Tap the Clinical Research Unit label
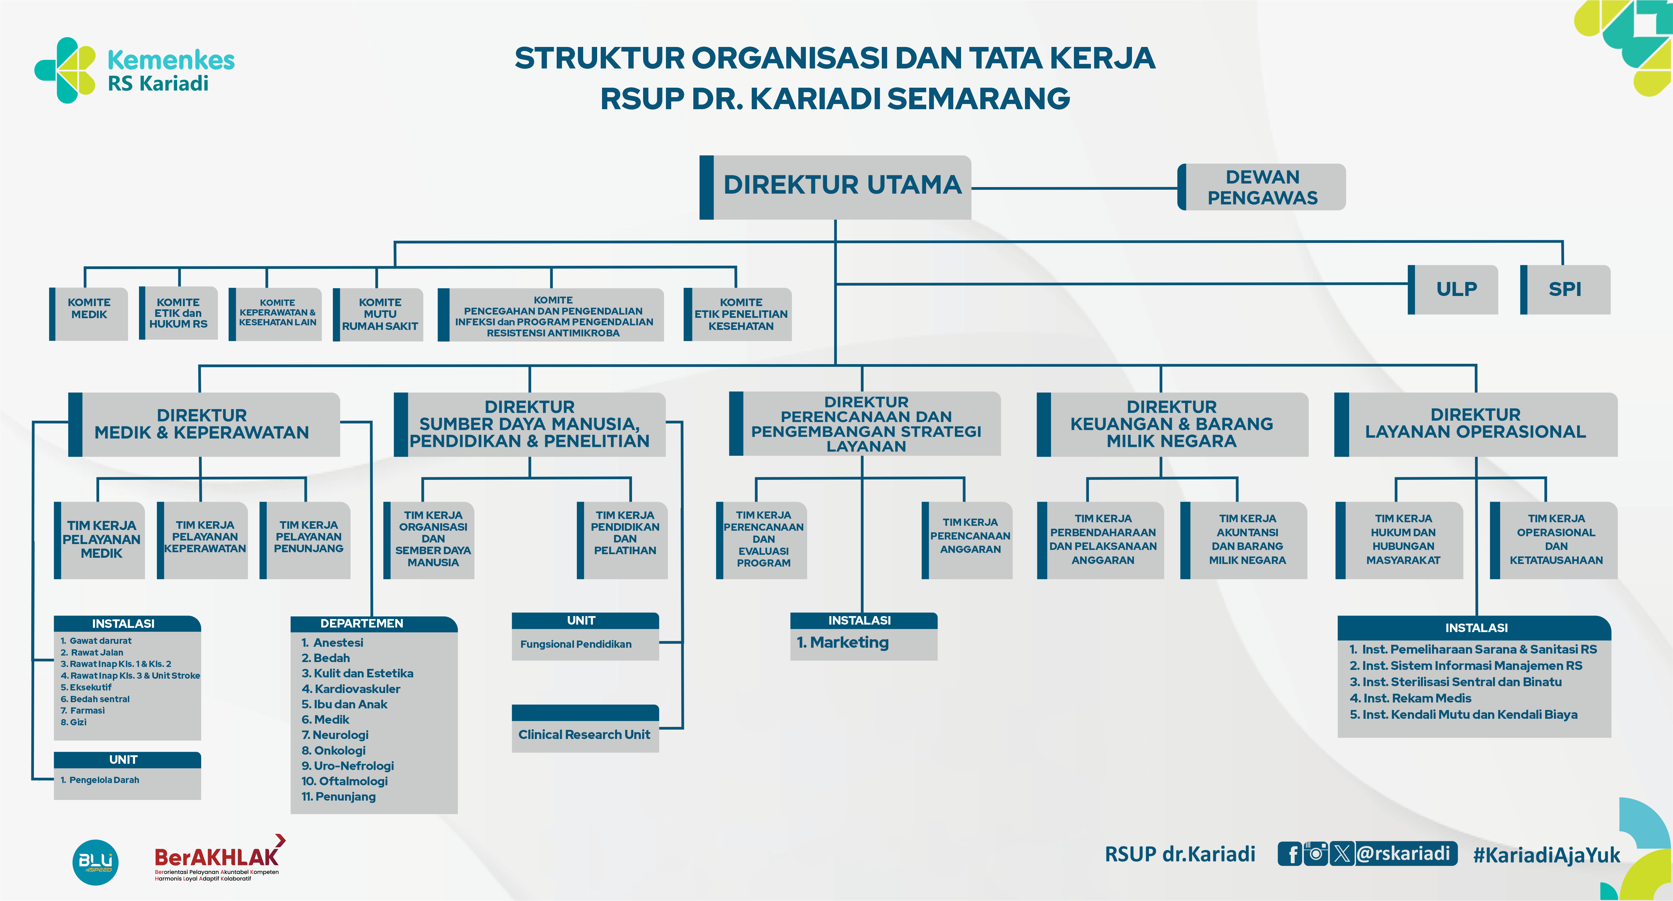[584, 734]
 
